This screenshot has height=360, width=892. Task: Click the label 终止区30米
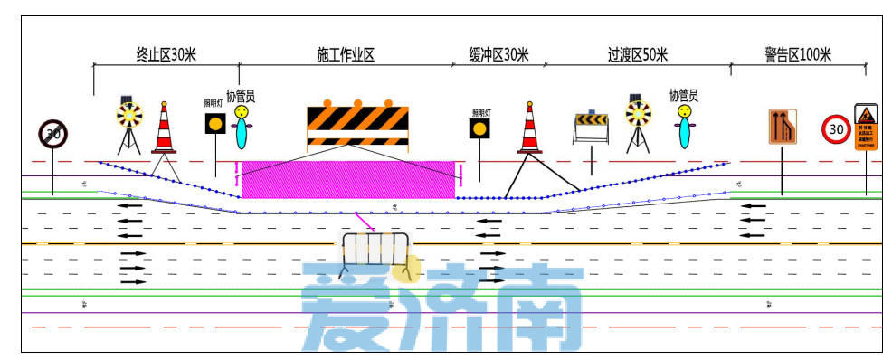(166, 54)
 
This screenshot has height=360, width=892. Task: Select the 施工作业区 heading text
(346, 54)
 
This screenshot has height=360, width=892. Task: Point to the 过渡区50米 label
(637, 54)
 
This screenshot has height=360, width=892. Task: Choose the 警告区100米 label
(797, 54)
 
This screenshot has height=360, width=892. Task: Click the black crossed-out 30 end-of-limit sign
(52, 134)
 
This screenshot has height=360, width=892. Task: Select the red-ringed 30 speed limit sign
(835, 128)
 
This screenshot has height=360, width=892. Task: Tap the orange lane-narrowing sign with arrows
(783, 127)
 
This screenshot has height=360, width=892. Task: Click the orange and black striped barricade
(358, 125)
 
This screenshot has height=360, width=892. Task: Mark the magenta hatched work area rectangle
(347, 179)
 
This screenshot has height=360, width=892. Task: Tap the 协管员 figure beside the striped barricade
(242, 127)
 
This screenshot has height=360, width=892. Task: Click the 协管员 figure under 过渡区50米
(686, 126)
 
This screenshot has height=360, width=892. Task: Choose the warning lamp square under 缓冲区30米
(479, 128)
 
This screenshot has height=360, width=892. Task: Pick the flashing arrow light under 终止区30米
(128, 115)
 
